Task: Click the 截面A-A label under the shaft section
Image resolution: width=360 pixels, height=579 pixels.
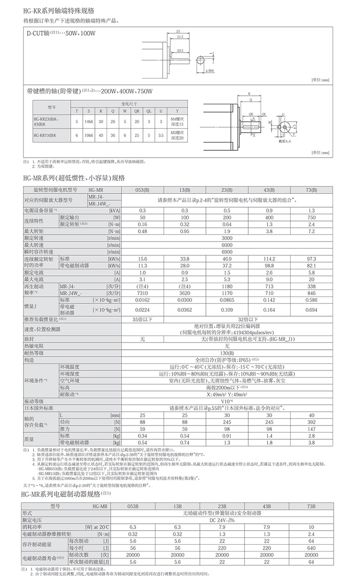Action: pos(283,142)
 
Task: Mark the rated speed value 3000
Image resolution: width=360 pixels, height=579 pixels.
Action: pos(226,238)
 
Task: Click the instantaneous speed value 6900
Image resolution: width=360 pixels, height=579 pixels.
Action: pos(226,252)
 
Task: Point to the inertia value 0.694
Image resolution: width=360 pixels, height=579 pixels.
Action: pos(312,310)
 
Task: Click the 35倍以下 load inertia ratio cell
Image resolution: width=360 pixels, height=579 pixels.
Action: pos(139,320)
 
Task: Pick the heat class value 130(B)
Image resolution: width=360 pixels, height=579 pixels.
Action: pos(226,353)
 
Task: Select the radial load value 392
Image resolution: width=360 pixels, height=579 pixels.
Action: pos(312,422)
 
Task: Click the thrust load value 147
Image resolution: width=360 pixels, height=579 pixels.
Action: pos(312,429)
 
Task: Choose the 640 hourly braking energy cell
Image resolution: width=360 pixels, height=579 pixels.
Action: pos(311,548)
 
